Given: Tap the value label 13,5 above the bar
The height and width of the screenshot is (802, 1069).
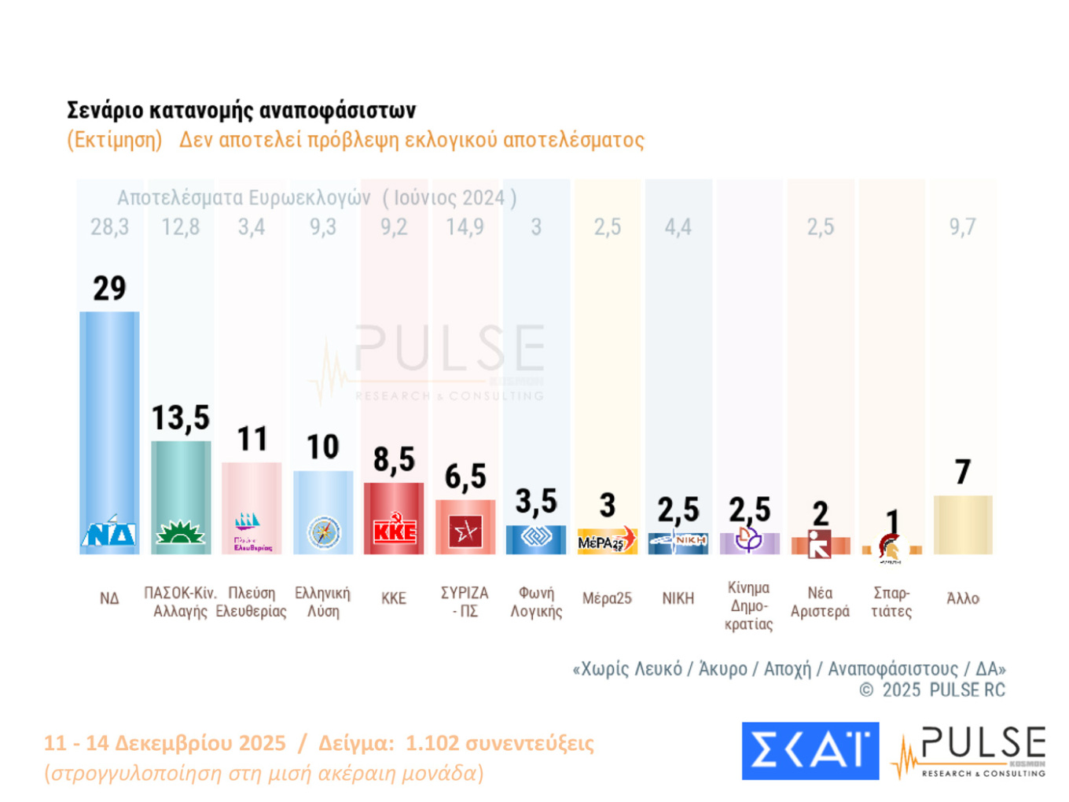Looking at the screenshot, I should click(x=181, y=418).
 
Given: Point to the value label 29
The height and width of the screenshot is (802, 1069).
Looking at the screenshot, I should click(x=109, y=289).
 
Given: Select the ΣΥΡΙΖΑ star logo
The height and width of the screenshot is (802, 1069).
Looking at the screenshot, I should click(x=465, y=532).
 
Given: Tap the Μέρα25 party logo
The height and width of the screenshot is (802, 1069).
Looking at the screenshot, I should click(x=607, y=540).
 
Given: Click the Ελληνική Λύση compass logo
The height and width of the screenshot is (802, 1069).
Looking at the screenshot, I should click(x=323, y=532).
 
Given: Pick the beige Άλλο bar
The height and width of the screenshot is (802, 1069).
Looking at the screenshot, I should click(x=963, y=524).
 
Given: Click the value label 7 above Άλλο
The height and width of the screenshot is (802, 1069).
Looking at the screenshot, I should click(x=963, y=473).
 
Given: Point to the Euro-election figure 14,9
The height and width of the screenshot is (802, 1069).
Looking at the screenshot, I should click(x=465, y=227).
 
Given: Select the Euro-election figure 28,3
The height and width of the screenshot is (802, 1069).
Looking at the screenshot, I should click(x=109, y=227).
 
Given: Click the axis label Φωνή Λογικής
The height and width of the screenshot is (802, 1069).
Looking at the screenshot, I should click(x=536, y=602).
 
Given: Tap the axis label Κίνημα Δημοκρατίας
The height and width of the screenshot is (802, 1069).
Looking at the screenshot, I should click(x=749, y=606).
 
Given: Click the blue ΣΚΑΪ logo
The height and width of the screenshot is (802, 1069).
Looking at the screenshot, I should click(x=810, y=751).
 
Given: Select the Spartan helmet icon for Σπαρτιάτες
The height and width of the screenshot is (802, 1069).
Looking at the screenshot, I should click(x=891, y=547).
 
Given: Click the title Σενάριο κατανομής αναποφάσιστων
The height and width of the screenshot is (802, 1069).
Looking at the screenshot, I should click(x=241, y=110).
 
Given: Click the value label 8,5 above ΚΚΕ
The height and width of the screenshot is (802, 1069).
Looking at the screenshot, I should click(x=394, y=460).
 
